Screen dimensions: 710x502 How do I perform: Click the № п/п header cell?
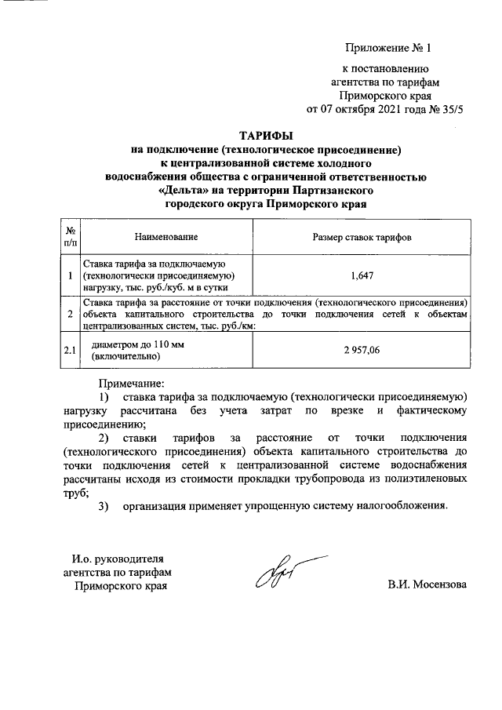(x=71, y=236)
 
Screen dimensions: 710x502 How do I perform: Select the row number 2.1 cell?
(x=71, y=350)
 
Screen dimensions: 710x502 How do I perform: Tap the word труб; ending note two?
(x=76, y=492)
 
